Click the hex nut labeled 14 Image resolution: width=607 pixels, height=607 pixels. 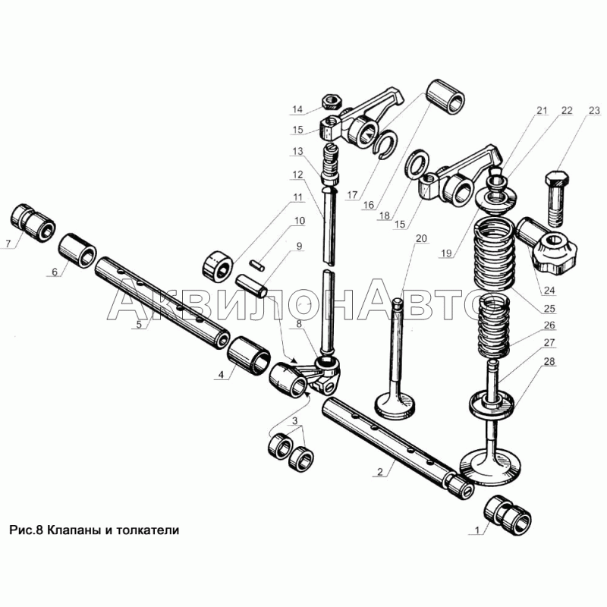click(x=330, y=102)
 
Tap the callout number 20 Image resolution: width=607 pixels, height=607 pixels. click(x=421, y=239)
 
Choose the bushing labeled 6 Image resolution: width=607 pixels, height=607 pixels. click(x=78, y=250)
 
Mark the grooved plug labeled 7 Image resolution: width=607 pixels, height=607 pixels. click(x=32, y=223)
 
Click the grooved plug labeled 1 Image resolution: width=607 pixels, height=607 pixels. click(x=508, y=515)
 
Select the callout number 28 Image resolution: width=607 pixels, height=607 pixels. click(x=549, y=362)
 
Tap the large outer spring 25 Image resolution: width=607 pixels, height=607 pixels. click(x=495, y=253)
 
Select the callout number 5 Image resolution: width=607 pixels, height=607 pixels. click(x=139, y=325)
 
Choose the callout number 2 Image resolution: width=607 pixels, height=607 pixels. click(x=380, y=471)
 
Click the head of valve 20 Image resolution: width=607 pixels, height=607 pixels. click(x=396, y=406)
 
